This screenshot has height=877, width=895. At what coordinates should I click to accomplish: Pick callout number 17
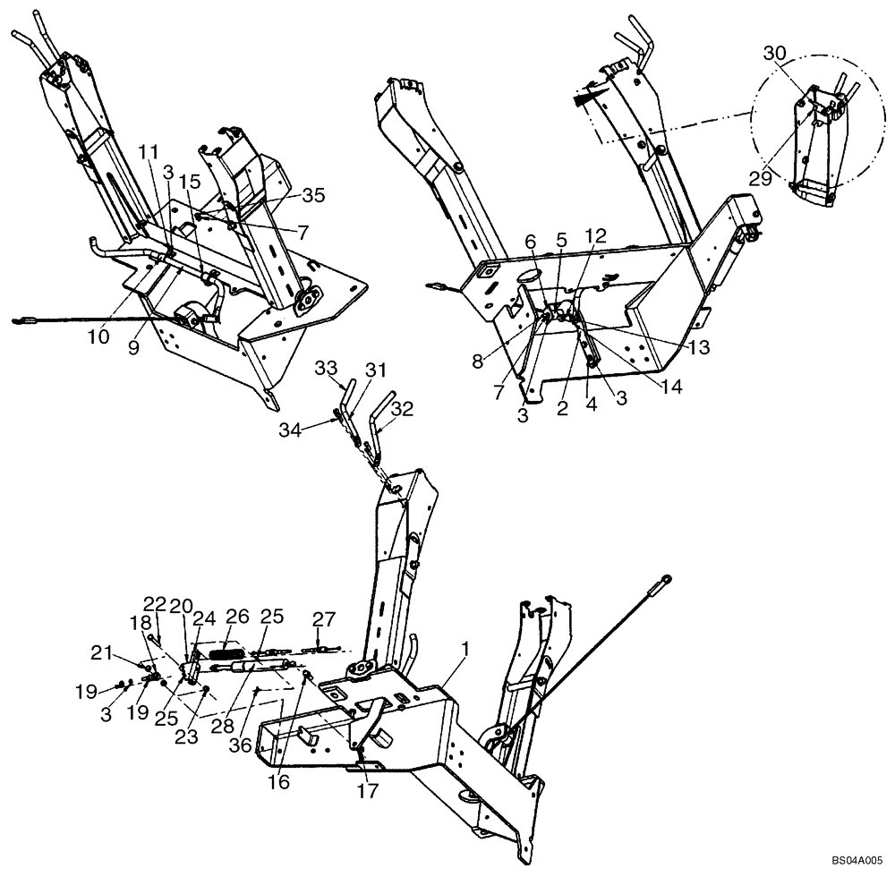coord(369,790)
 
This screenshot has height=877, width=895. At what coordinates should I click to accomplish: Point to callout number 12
coord(597,236)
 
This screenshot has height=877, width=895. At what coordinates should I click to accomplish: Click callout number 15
coord(191,182)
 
